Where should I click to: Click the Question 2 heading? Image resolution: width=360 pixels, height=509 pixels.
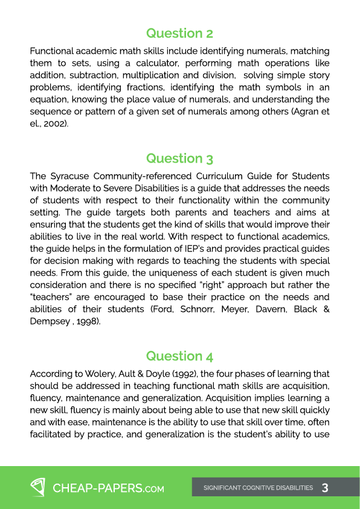point(179,33)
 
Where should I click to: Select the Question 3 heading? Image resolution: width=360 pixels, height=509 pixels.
point(179,158)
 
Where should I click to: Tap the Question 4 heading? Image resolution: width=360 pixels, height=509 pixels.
point(179,356)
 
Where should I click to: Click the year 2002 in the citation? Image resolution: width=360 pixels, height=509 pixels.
point(54,124)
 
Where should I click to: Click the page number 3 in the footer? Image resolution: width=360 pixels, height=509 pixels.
point(326,487)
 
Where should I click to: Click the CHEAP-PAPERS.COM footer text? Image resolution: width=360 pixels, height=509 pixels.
point(109,488)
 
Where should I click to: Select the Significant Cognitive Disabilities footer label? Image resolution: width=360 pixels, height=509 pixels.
point(258,488)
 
